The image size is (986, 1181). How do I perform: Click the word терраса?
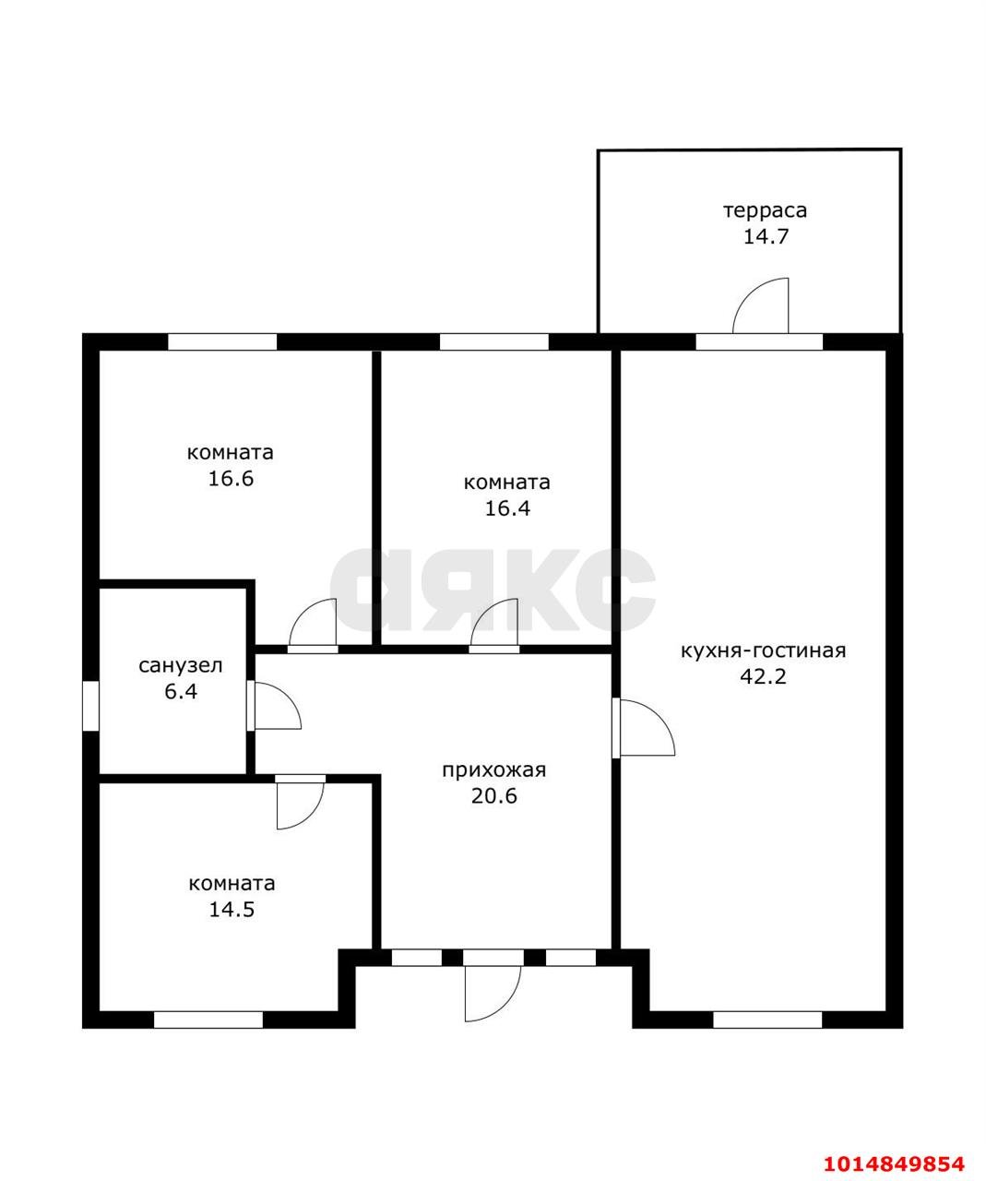click(x=765, y=211)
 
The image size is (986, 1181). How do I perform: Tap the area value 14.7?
click(x=766, y=236)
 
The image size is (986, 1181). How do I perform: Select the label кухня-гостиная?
click(x=763, y=651)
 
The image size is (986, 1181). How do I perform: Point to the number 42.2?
click(x=763, y=676)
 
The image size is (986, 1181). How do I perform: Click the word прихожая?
click(x=494, y=771)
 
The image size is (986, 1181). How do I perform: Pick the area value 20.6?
click(x=494, y=796)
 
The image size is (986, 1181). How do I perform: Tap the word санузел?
click(x=181, y=666)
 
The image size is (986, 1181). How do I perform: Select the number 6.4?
click(x=181, y=691)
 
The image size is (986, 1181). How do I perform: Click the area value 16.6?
click(x=231, y=479)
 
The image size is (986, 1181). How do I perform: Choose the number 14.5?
click(x=232, y=909)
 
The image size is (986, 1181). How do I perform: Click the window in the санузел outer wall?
click(x=90, y=706)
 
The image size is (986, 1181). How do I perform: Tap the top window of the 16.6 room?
click(x=222, y=341)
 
